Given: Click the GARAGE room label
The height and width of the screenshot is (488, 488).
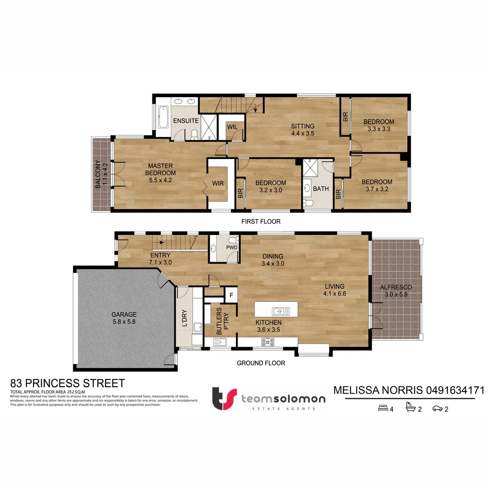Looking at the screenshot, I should pyautogui.click(x=124, y=315).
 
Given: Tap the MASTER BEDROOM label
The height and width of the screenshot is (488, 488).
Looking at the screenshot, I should pyautogui.click(x=160, y=169).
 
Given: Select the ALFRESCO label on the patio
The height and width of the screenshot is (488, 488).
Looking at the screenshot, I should pyautogui.click(x=396, y=287).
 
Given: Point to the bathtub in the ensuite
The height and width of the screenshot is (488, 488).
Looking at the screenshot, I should pyautogui.click(x=162, y=117).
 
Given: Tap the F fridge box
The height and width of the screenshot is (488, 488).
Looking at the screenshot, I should pyautogui.click(x=231, y=296).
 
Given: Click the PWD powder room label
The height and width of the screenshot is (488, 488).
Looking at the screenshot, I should pyautogui.click(x=232, y=248).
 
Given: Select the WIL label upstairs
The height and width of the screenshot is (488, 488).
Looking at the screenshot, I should pyautogui.click(x=233, y=127).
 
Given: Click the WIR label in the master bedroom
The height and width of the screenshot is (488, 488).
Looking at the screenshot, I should pyautogui.click(x=218, y=184).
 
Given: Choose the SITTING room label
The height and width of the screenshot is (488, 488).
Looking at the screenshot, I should pyautogui.click(x=302, y=126).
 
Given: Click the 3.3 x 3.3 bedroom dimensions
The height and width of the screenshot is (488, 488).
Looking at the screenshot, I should pyautogui.click(x=379, y=129).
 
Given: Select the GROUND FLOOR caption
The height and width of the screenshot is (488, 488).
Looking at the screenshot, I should pyautogui.click(x=261, y=363).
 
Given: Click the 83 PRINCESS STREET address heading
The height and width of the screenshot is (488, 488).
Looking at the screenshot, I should pyautogui.click(x=67, y=384).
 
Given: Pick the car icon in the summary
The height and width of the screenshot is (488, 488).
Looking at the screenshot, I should pyautogui.click(x=437, y=409).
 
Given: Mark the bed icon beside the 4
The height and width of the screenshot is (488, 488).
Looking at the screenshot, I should pyautogui.click(x=382, y=409).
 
